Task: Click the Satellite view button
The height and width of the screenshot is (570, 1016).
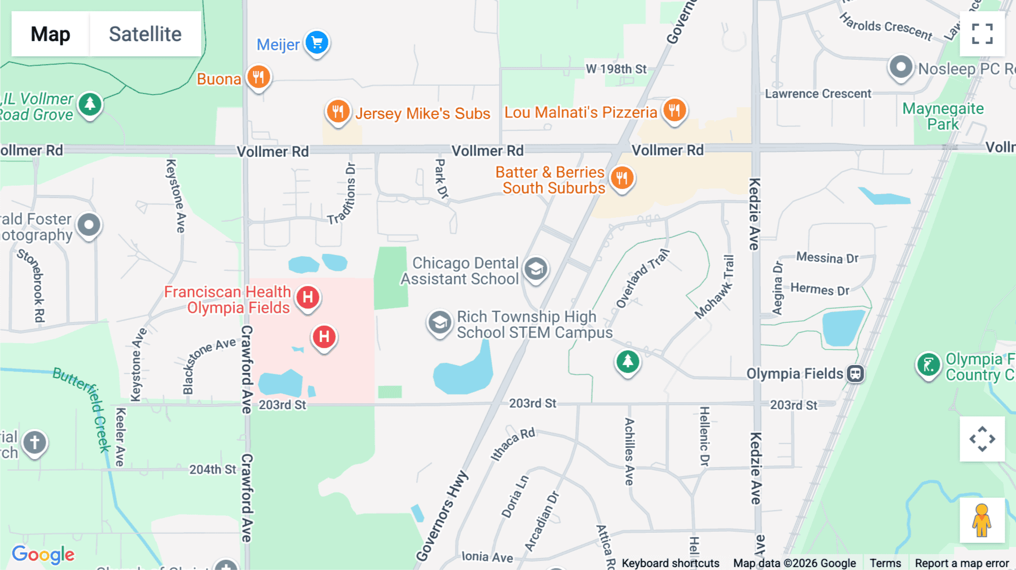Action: coord(145,34)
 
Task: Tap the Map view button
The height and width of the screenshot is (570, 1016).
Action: coord(50,34)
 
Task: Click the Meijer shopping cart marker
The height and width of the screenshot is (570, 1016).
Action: coord(317,42)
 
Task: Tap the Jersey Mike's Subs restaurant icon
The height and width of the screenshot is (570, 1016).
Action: coord(338,111)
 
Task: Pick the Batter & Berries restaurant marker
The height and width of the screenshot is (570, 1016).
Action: coord(622,178)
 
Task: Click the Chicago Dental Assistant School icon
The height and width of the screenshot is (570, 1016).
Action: coord(536,269)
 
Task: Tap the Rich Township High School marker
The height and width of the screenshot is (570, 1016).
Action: coord(439,323)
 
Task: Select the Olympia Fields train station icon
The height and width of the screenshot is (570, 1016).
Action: coord(856,374)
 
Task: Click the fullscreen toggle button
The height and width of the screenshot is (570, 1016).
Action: coord(982,34)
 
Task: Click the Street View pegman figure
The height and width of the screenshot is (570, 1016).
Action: coord(982,520)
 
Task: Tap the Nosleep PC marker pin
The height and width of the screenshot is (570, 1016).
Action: coord(901,67)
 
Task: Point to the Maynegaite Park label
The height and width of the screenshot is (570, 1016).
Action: coord(943,116)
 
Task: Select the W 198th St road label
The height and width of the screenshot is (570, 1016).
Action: coord(616,69)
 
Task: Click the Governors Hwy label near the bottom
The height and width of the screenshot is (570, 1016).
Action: coord(443,516)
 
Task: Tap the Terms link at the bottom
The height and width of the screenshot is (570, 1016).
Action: coord(885,563)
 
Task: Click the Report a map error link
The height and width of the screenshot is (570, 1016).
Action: coord(962,563)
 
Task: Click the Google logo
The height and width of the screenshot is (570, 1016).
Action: coord(43,554)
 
